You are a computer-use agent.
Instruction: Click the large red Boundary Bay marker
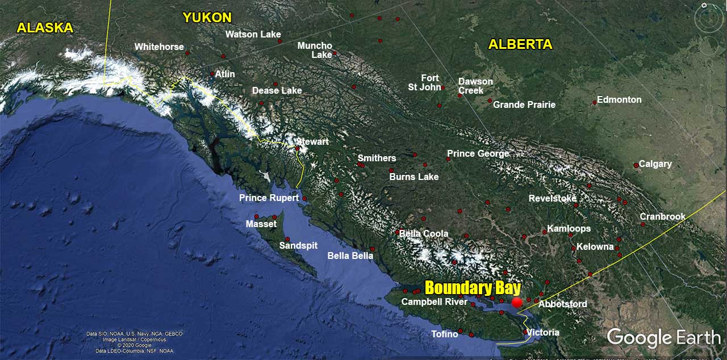tap(517, 303)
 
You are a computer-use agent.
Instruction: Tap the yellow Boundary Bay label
tap(473, 287)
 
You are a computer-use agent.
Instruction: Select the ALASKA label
tap(45, 27)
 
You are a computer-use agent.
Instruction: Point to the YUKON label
tap(207, 18)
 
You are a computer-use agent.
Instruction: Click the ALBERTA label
tap(520, 44)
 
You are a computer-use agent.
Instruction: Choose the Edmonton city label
tap(619, 99)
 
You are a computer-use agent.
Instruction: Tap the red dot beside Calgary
tap(636, 165)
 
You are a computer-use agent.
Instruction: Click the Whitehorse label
tap(159, 47)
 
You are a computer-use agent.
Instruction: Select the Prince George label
tap(478, 153)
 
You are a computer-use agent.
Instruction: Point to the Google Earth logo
tap(663, 337)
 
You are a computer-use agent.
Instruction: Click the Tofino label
tap(445, 334)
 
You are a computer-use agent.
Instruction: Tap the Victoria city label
tap(543, 332)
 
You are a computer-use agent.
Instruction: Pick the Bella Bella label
tap(350, 256)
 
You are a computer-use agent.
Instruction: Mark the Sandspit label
tap(298, 245)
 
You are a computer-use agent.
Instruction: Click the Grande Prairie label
tap(524, 104)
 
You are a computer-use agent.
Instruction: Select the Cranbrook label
tap(662, 216)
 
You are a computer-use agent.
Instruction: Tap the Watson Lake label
tap(253, 34)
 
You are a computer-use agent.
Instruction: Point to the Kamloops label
tap(569, 228)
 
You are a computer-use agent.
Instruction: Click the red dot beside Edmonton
tap(595, 103)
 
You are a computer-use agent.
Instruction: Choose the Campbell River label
tap(434, 302)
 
